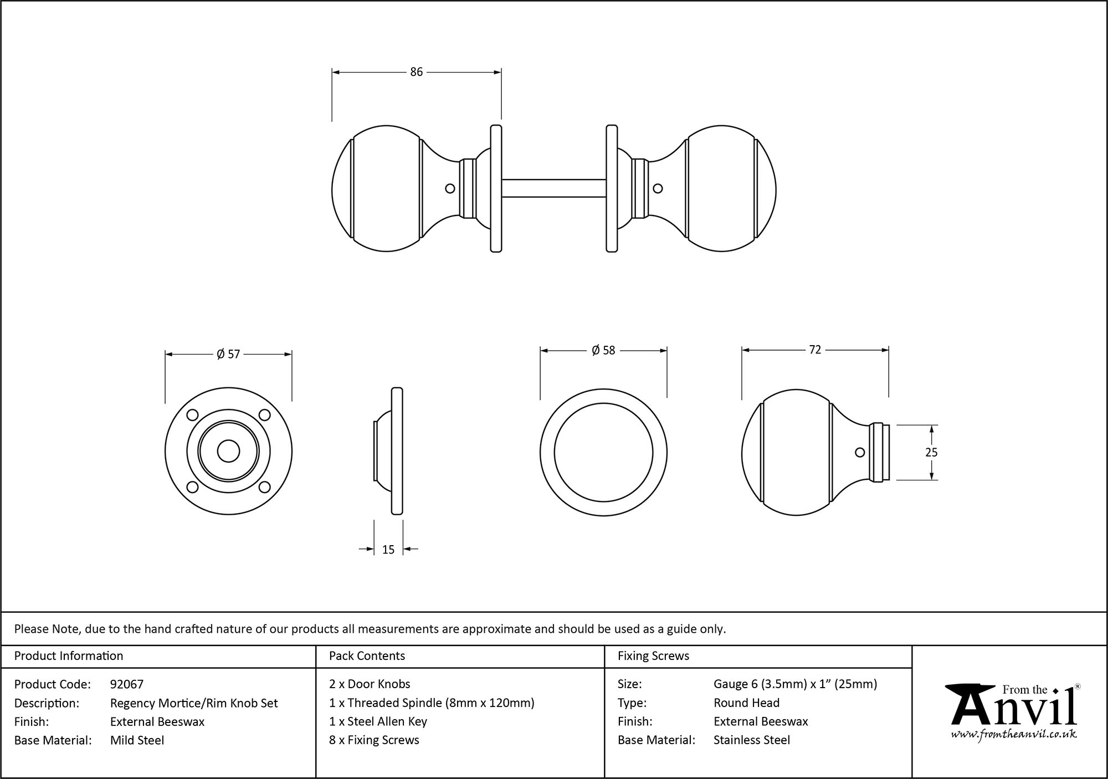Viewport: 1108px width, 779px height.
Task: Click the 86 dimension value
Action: [416, 72]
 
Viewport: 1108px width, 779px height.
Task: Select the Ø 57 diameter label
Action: [228, 354]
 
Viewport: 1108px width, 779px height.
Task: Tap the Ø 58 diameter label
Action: [603, 350]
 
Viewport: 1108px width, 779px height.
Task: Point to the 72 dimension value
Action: [815, 350]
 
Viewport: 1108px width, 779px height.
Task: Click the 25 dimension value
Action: [931, 452]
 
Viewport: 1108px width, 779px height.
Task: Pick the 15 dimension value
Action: [388, 549]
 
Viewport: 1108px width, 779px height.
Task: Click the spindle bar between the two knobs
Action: [553, 188]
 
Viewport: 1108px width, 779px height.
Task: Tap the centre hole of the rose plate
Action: [228, 451]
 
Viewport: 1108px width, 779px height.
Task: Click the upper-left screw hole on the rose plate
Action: [193, 415]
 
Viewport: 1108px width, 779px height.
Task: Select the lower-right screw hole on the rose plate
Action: [264, 487]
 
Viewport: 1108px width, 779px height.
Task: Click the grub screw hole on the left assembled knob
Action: [450, 188]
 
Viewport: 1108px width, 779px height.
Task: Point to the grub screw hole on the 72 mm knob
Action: [860, 452]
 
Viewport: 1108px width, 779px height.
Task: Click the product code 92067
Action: [127, 684]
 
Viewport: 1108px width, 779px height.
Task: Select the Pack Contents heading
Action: [367, 656]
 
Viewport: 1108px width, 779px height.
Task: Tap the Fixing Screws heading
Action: [653, 656]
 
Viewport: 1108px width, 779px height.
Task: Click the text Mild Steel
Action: [137, 740]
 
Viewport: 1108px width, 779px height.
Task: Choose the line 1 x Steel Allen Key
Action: [378, 721]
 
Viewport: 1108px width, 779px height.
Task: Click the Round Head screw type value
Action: [746, 703]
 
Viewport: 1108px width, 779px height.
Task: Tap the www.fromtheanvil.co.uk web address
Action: [1013, 735]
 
